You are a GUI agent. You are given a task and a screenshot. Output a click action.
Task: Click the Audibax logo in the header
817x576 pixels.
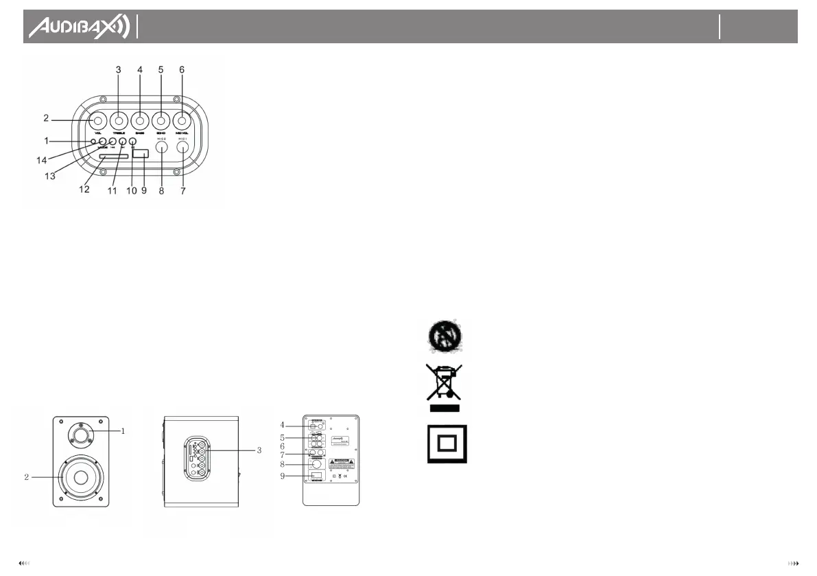78,27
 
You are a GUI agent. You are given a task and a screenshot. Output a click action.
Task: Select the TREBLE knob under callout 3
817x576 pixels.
119,122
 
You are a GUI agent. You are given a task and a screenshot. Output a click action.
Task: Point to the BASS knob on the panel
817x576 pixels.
140,122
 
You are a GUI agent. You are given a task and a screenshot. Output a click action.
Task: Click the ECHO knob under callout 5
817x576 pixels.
161,122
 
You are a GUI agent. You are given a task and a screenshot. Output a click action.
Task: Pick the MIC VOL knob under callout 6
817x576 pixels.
182,122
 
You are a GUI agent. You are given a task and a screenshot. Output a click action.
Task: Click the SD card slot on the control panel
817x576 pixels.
113,157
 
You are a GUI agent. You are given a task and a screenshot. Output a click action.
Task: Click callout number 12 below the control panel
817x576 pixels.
84,189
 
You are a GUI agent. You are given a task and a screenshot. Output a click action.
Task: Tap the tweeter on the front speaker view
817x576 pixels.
82,434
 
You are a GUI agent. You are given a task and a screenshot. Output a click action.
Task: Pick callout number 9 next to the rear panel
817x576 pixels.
282,476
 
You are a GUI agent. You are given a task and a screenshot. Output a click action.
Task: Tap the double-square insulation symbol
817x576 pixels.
447,443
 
